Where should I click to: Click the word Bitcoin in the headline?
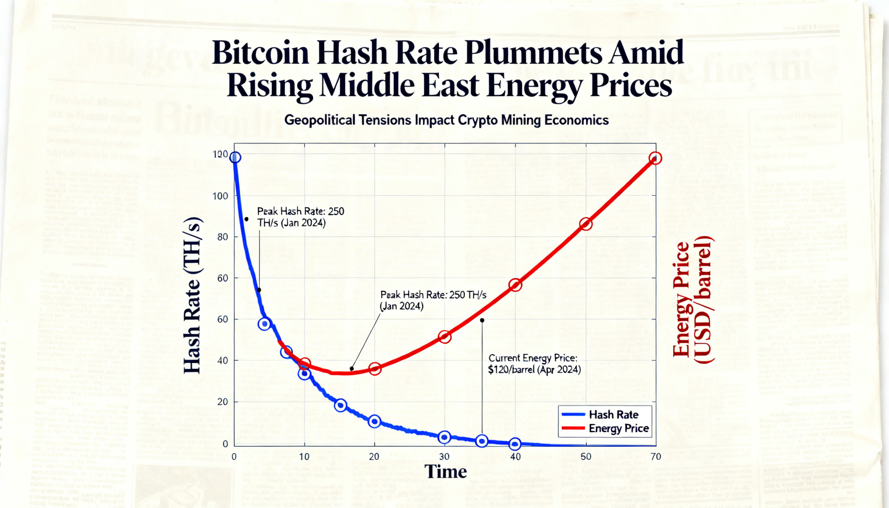point(260,53)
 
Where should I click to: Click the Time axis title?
point(446,472)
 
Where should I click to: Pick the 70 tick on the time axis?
point(656,457)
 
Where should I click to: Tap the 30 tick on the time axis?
point(444,457)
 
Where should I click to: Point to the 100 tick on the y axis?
point(220,196)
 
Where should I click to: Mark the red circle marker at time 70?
point(655,158)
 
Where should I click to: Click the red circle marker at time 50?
point(586,224)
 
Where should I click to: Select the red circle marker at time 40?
point(515,285)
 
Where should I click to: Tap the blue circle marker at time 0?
point(235,157)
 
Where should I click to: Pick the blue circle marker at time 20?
point(374,422)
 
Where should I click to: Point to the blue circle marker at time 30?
point(444,437)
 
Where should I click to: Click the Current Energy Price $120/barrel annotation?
point(534,364)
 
